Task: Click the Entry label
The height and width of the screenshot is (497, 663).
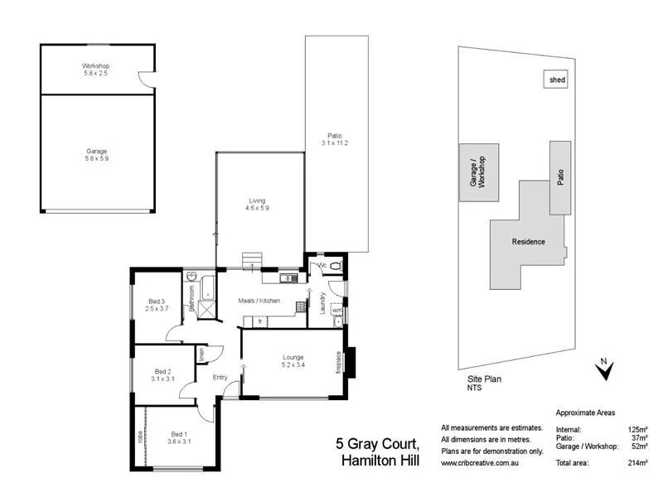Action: tap(220, 378)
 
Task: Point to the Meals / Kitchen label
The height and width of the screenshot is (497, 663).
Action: tap(259, 300)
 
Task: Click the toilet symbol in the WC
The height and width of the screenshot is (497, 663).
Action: tap(335, 265)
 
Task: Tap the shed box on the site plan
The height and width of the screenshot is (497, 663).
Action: tap(554, 80)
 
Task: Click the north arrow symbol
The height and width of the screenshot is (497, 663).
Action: tap(604, 369)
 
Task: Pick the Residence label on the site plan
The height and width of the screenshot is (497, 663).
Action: tap(528, 242)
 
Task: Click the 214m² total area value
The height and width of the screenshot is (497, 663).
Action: tap(637, 462)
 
